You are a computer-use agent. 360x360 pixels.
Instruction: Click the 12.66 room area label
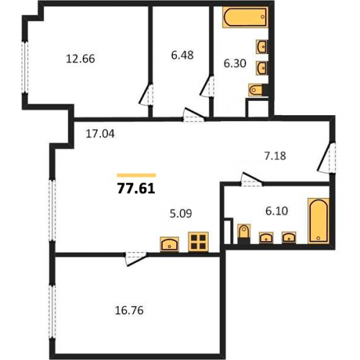pos(81,59)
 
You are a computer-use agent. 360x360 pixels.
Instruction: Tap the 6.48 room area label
pos(182,55)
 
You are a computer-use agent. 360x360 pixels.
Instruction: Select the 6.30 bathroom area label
pos(235,63)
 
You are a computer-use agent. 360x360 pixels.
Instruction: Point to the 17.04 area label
pos(100,134)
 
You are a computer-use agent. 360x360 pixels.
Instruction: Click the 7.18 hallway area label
pos(275,156)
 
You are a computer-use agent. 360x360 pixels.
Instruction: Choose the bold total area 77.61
pos(136,189)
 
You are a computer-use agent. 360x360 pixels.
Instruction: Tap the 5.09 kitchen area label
pos(181,213)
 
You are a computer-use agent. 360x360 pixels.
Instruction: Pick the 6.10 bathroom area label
pos(276,211)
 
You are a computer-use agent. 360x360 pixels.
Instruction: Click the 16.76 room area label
pos(129,310)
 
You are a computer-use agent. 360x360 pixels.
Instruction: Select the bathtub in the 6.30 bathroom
pos(245,17)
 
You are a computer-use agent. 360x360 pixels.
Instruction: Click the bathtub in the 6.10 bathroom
pos(318,220)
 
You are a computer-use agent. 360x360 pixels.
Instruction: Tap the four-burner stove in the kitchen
pos(198,242)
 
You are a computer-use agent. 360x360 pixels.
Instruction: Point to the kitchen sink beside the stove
pos(169,244)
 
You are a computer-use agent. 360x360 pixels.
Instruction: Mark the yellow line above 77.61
pos(137,175)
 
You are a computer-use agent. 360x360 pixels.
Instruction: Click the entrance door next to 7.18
pos(327,157)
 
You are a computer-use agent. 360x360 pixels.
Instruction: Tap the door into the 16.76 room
pos(135,258)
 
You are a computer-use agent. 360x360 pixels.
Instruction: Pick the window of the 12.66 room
pos(25,67)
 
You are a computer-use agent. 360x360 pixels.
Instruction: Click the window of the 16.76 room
pos(52,312)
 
